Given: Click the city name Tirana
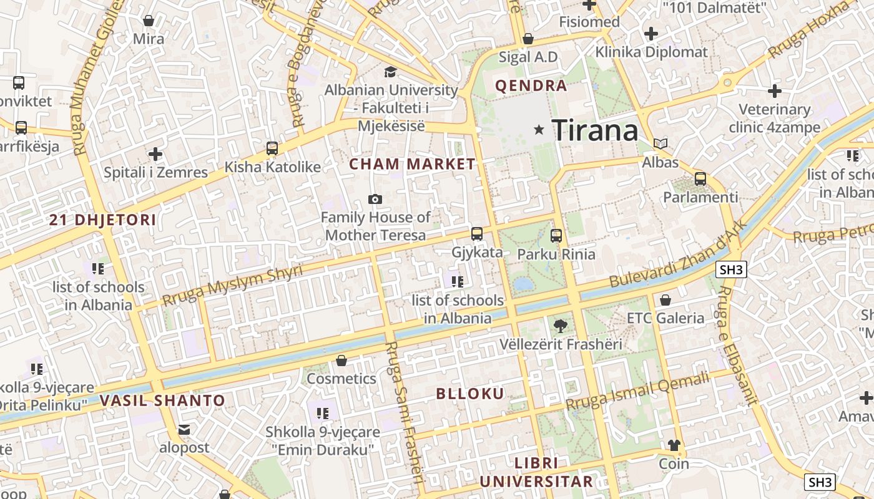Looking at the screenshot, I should coord(595,130).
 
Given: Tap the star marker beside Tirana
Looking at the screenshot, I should coord(539,130).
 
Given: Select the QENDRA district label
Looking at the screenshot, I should coord(531,86).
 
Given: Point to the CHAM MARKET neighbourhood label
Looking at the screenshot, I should coord(412,164).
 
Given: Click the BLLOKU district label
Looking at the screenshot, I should coord(470,394).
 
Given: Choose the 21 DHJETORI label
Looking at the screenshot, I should coord(103,220).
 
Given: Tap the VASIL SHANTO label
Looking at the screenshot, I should coord(162,400).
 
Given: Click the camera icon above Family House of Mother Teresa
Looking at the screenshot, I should coord(375,199).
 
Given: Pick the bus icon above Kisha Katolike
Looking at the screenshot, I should coord(272,148).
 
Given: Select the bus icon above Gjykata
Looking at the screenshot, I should coord(477,234).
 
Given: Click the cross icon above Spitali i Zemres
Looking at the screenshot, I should coord(155,153).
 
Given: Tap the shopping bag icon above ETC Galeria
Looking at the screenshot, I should coord(665,300).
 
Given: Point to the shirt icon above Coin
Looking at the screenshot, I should coord(674,445).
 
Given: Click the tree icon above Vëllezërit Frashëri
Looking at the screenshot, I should coord(561,325).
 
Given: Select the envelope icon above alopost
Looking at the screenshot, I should coord(184,429).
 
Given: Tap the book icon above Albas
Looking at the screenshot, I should coord(660,143).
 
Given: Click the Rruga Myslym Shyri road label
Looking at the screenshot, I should coord(232,285).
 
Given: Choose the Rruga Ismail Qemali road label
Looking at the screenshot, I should coord(638,392).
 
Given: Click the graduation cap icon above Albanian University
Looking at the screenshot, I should coord(391,72).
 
